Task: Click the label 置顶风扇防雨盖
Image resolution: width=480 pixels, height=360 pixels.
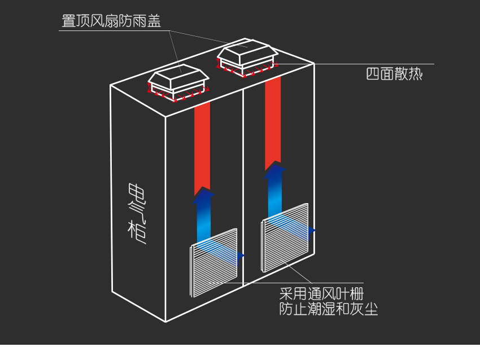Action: click(x=111, y=21)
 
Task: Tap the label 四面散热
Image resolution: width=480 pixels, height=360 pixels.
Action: click(x=394, y=74)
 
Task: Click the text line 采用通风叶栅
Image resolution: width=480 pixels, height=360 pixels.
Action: click(x=321, y=294)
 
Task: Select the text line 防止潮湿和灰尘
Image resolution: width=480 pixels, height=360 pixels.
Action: click(x=329, y=309)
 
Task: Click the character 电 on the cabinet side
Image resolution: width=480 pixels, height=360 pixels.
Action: click(x=137, y=194)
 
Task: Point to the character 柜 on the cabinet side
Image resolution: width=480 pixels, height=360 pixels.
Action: click(x=137, y=232)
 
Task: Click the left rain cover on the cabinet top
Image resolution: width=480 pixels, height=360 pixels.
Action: click(x=178, y=82)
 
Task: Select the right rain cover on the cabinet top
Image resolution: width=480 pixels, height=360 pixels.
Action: click(x=248, y=58)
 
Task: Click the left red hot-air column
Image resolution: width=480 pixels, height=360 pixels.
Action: click(x=202, y=148)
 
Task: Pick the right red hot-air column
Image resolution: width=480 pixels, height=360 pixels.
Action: click(x=273, y=122)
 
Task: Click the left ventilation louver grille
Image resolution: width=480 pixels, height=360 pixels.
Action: click(x=213, y=263)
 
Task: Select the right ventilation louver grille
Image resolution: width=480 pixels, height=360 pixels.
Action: click(x=285, y=238)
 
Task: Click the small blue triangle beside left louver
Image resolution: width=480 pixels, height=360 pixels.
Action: click(x=241, y=256)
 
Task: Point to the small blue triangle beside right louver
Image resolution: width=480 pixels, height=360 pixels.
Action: click(x=312, y=231)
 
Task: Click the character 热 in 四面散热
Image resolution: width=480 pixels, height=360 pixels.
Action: click(x=416, y=74)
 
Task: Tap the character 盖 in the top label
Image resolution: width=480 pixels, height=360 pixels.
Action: click(x=154, y=21)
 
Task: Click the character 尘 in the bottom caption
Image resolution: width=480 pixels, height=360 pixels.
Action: click(x=371, y=309)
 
